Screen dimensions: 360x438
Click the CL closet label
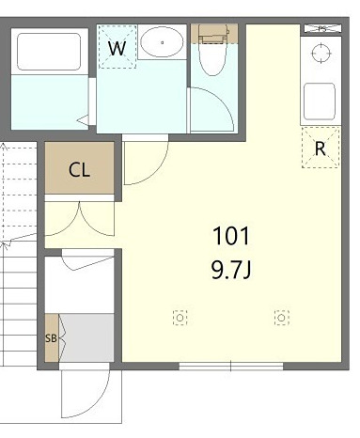[79, 170]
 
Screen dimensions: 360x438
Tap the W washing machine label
[117, 48]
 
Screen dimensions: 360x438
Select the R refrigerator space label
[320, 149]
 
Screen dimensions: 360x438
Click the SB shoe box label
[51, 338]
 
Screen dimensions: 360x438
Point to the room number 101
[231, 236]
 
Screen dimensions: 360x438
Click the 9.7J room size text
[231, 270]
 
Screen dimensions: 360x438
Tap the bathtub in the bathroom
[49, 52]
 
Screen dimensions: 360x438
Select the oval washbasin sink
[162, 42]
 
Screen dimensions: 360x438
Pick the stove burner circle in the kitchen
[321, 54]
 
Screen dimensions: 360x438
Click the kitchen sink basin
[320, 102]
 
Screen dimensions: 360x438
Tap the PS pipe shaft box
[322, 29]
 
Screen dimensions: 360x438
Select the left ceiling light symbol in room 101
[180, 318]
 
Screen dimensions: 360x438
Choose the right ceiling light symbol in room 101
[281, 318]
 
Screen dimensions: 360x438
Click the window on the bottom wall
[231, 367]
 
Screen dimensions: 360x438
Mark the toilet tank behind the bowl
[213, 33]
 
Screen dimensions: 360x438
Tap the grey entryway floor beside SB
[86, 337]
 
